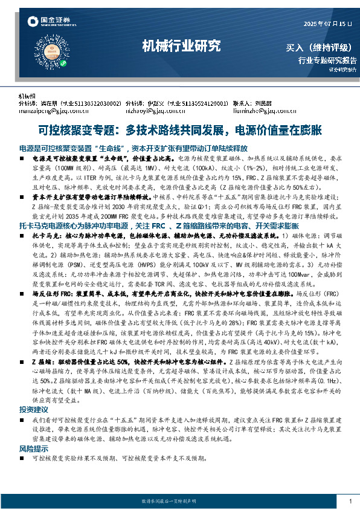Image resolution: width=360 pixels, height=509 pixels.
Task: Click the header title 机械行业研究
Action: [x=181, y=45]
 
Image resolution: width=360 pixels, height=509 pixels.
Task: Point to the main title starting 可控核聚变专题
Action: [x=180, y=129]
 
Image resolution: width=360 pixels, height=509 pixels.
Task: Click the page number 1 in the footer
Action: [x=350, y=501]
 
